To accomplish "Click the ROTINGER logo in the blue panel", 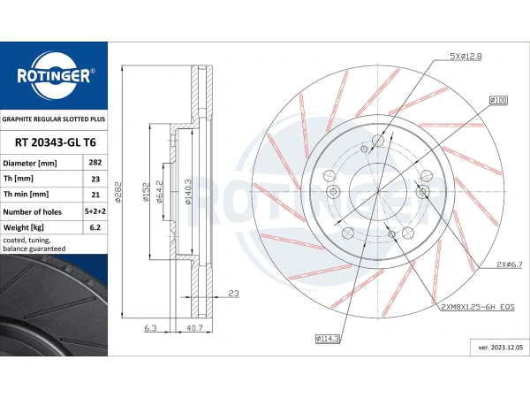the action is pos(54,76).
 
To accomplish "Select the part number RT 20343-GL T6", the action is pos(56,142).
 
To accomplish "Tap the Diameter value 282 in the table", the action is pos(95,163).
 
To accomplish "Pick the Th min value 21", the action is pos(95,195).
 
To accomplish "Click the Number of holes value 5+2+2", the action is pos(95,211).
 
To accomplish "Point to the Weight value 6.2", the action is pos(95,227).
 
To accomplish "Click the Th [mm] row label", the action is pos(19,179).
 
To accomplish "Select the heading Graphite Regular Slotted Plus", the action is pos(54,119).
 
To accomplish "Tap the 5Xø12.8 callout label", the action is pos(466,57).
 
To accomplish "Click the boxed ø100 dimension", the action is pos(498,100).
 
